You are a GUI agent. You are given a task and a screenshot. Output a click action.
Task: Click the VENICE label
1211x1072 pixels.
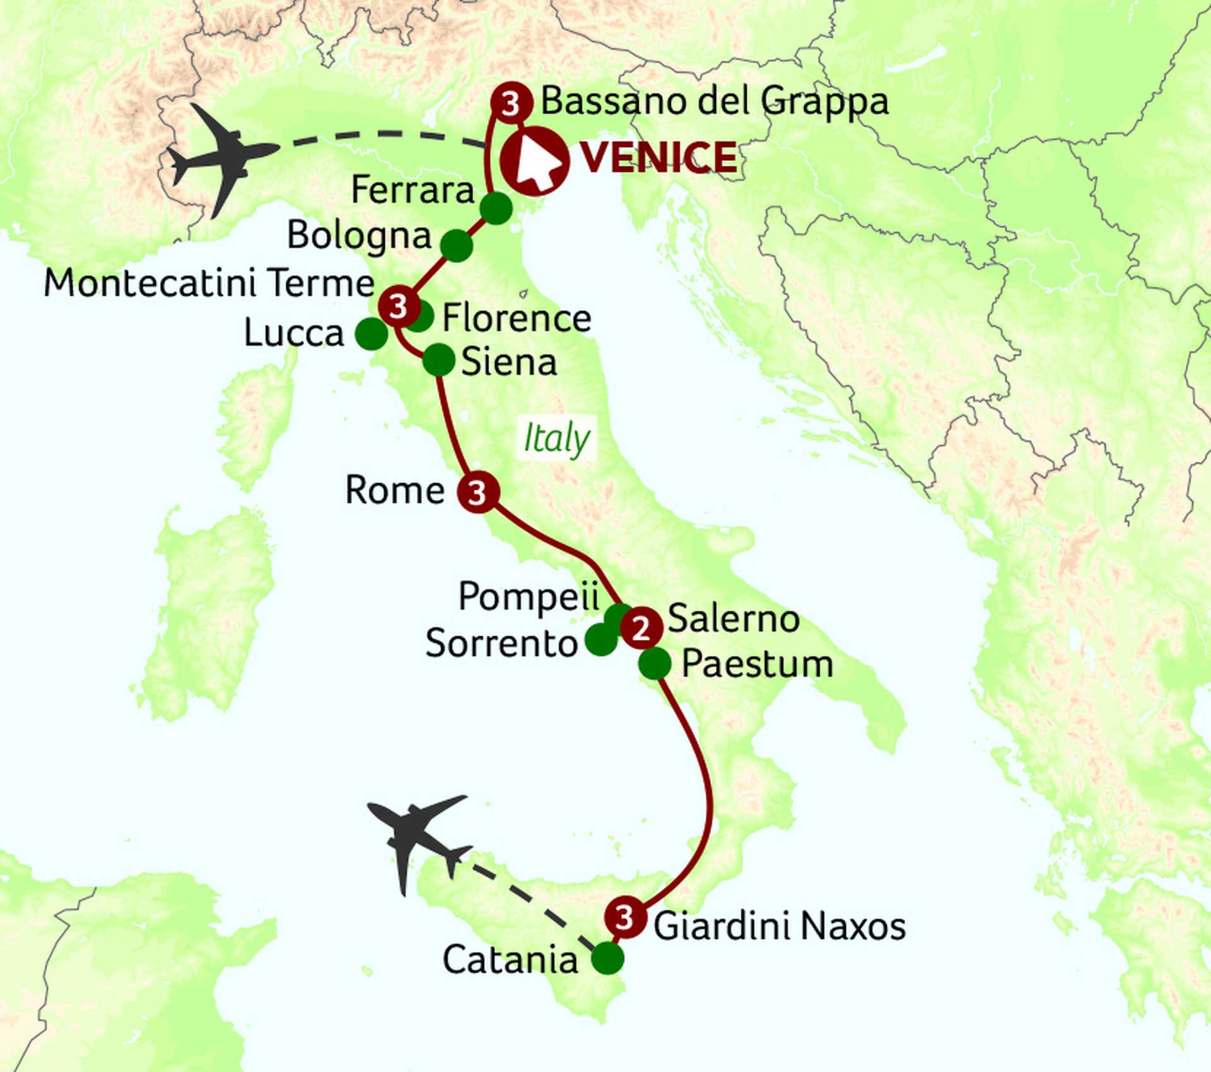[658, 158]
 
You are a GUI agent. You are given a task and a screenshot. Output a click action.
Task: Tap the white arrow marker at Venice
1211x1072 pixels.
[535, 161]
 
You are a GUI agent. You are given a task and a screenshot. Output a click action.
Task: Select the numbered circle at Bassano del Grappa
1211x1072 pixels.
[511, 103]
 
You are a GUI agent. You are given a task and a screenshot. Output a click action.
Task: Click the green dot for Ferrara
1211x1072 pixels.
[496, 208]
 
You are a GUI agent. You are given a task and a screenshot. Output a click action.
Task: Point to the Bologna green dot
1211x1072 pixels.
[456, 245]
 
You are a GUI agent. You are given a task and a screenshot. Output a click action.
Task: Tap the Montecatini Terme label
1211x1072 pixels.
[209, 283]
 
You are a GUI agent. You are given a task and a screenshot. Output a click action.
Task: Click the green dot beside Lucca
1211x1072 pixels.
[371, 334]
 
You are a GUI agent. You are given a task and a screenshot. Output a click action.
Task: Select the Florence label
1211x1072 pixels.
[517, 318]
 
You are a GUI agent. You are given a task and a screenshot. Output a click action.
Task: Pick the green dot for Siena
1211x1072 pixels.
[438, 360]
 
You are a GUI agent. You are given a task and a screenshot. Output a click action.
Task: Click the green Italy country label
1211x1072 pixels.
[556, 438]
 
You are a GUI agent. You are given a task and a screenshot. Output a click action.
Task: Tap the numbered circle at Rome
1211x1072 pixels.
[478, 492]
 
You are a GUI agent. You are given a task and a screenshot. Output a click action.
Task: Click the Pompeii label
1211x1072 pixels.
[529, 597]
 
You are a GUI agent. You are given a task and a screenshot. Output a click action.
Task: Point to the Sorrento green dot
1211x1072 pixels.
[600, 640]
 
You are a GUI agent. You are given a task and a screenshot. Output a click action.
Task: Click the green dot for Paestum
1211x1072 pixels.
[655, 663]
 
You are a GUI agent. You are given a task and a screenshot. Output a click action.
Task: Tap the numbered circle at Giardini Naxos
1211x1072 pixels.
[625, 917]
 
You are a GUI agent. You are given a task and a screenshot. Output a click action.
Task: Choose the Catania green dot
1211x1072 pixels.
[607, 958]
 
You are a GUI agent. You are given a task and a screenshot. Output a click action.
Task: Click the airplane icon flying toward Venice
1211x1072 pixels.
[223, 158]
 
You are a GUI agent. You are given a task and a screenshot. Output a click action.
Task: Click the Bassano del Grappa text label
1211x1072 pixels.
[715, 101]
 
